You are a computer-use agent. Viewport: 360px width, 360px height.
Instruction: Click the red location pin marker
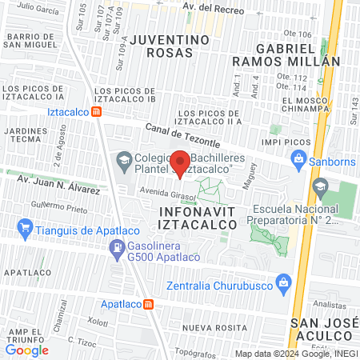click(x=180, y=162)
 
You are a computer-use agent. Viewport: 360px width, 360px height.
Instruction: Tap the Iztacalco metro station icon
click(x=96, y=113)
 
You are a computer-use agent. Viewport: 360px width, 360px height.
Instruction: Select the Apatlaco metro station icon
click(x=148, y=304)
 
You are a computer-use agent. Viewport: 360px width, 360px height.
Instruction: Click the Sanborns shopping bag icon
click(x=298, y=158)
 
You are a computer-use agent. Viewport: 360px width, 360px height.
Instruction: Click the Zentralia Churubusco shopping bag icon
click(x=282, y=282)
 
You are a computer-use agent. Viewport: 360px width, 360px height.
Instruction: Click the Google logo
click(x=26, y=350)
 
